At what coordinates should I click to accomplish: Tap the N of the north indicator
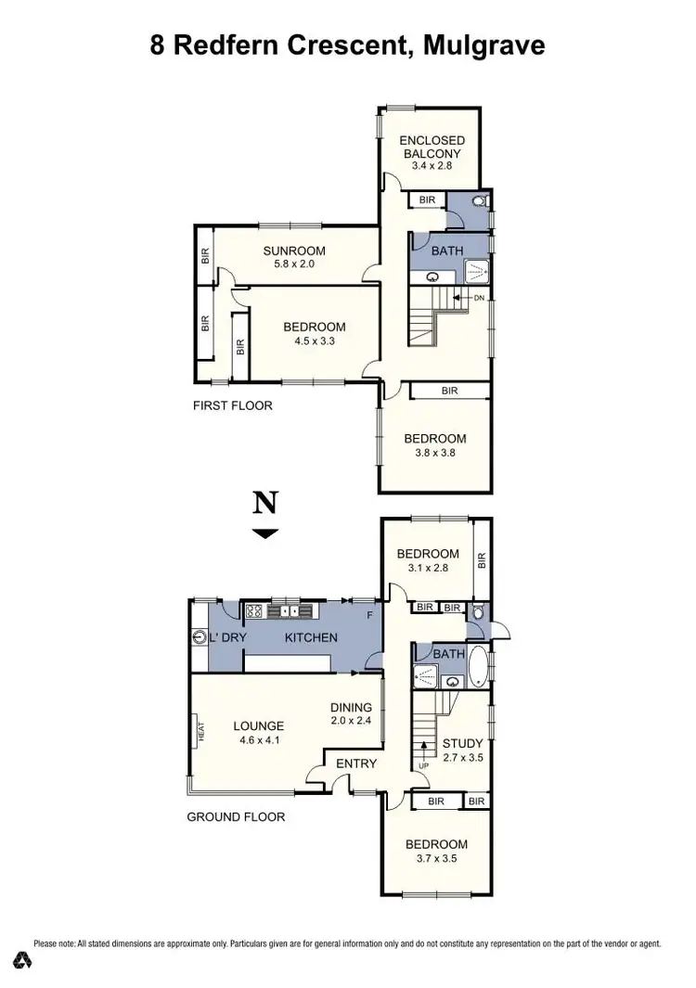pos(265,503)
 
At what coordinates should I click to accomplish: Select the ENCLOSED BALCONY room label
pos(432,147)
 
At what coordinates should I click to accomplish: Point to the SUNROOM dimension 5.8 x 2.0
pos(293,264)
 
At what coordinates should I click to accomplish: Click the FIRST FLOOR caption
pos(232,405)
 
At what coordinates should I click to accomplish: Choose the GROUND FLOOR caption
pos(236,817)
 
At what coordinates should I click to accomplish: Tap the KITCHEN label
pos(310,637)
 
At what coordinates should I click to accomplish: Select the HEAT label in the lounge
pos(199,732)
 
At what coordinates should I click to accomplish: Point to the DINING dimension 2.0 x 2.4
pos(351,720)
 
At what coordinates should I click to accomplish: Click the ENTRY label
pos(356,763)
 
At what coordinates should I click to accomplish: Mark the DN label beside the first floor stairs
pos(479,298)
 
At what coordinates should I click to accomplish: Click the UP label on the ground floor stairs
pos(423,765)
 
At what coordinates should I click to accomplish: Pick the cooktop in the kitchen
pos(254,610)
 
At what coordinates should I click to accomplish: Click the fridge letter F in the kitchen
pos(370,615)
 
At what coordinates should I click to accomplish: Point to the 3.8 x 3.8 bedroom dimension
pos(434,454)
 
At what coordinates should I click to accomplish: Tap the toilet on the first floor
pos(480,200)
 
